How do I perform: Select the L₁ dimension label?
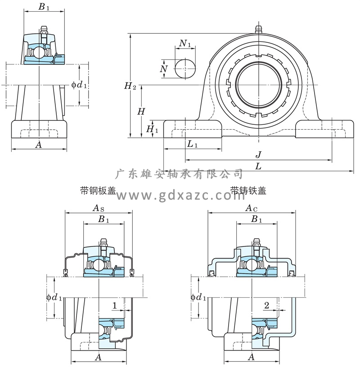pos(193,144)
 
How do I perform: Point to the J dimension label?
pos(259,154)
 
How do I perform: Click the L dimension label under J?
pos(258,166)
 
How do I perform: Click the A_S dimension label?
pos(99,208)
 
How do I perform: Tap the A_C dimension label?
pos(251,208)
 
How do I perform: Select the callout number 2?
pos(266,305)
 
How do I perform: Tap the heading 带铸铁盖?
pos(248,191)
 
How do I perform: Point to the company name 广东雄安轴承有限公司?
pos(179,174)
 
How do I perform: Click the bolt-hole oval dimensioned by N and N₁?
pos(185,68)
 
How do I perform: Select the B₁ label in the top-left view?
pos(44,7)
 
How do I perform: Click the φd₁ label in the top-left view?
pos(79,84)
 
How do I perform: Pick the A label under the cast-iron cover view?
pos(251,357)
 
